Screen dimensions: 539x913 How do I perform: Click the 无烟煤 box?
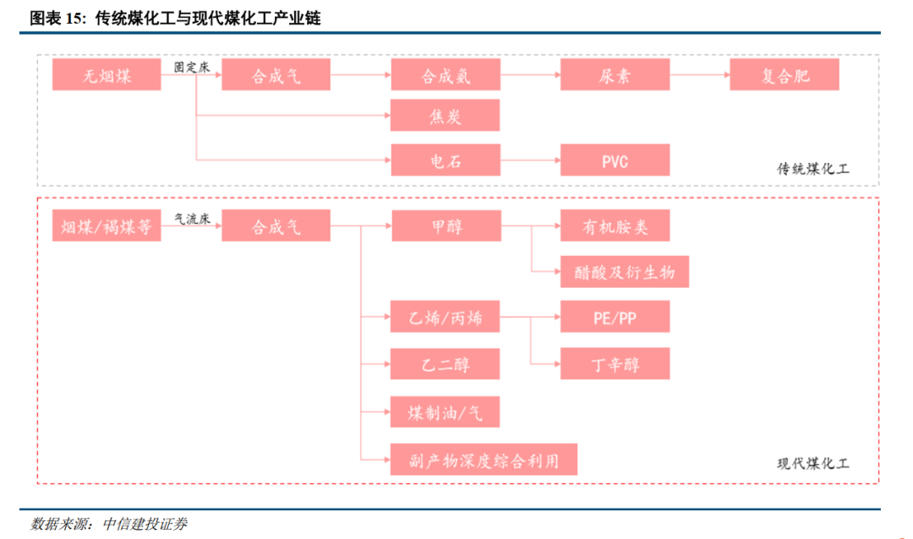tap(107, 75)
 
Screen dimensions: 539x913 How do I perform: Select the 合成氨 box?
tap(445, 75)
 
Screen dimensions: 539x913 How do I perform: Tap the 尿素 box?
tap(615, 75)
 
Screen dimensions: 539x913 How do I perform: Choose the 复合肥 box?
tap(784, 75)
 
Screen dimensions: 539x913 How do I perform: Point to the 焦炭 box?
tap(445, 116)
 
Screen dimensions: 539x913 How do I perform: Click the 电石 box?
tap(445, 160)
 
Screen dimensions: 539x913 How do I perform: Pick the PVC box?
tap(615, 160)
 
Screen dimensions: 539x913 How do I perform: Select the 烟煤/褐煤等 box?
tap(107, 226)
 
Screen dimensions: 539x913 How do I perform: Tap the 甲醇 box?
tap(445, 226)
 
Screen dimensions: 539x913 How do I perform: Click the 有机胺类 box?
tap(615, 226)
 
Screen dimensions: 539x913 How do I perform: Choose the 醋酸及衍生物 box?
tap(625, 272)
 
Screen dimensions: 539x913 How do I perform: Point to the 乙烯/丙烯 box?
tap(445, 318)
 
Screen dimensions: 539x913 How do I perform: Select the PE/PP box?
tap(615, 318)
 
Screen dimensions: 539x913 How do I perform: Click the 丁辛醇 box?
tap(615, 363)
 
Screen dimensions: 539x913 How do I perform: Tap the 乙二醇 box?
tap(445, 363)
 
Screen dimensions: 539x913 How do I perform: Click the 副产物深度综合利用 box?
tap(484, 460)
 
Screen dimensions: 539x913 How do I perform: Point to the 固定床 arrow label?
tap(191, 66)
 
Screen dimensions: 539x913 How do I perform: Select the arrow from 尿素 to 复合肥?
tap(699, 75)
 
